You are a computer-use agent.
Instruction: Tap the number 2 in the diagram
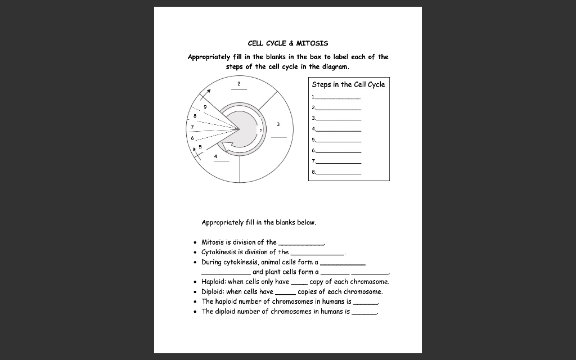click(238, 84)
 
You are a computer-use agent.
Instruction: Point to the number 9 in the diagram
click(205, 106)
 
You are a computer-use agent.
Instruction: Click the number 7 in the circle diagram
click(192, 127)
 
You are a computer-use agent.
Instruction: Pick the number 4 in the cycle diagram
click(215, 156)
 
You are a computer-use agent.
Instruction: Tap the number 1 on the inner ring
click(260, 129)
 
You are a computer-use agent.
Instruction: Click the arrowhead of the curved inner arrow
click(226, 147)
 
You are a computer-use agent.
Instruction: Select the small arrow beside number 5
click(195, 149)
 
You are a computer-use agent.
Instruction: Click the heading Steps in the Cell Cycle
click(348, 84)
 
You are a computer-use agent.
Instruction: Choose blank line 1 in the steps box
click(337, 98)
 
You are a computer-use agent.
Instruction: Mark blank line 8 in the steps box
click(338, 173)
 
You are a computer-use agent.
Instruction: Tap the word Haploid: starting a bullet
click(214, 282)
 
